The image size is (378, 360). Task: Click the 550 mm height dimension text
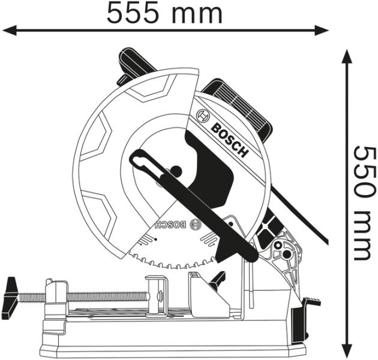[x=365, y=203]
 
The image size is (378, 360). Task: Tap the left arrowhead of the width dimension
[x=10, y=31]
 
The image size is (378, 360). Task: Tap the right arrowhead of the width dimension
[x=321, y=31]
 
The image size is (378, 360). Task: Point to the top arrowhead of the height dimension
[x=347, y=57]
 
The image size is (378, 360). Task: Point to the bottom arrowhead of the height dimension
[x=347, y=350]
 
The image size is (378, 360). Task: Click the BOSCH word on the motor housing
[x=229, y=141]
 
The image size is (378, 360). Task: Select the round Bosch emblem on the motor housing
[x=203, y=116]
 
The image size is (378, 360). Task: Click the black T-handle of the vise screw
[x=10, y=298]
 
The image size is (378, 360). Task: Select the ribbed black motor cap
[x=239, y=110]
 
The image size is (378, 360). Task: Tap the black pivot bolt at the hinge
[x=287, y=254]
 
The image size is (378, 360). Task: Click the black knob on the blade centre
[x=176, y=171]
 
